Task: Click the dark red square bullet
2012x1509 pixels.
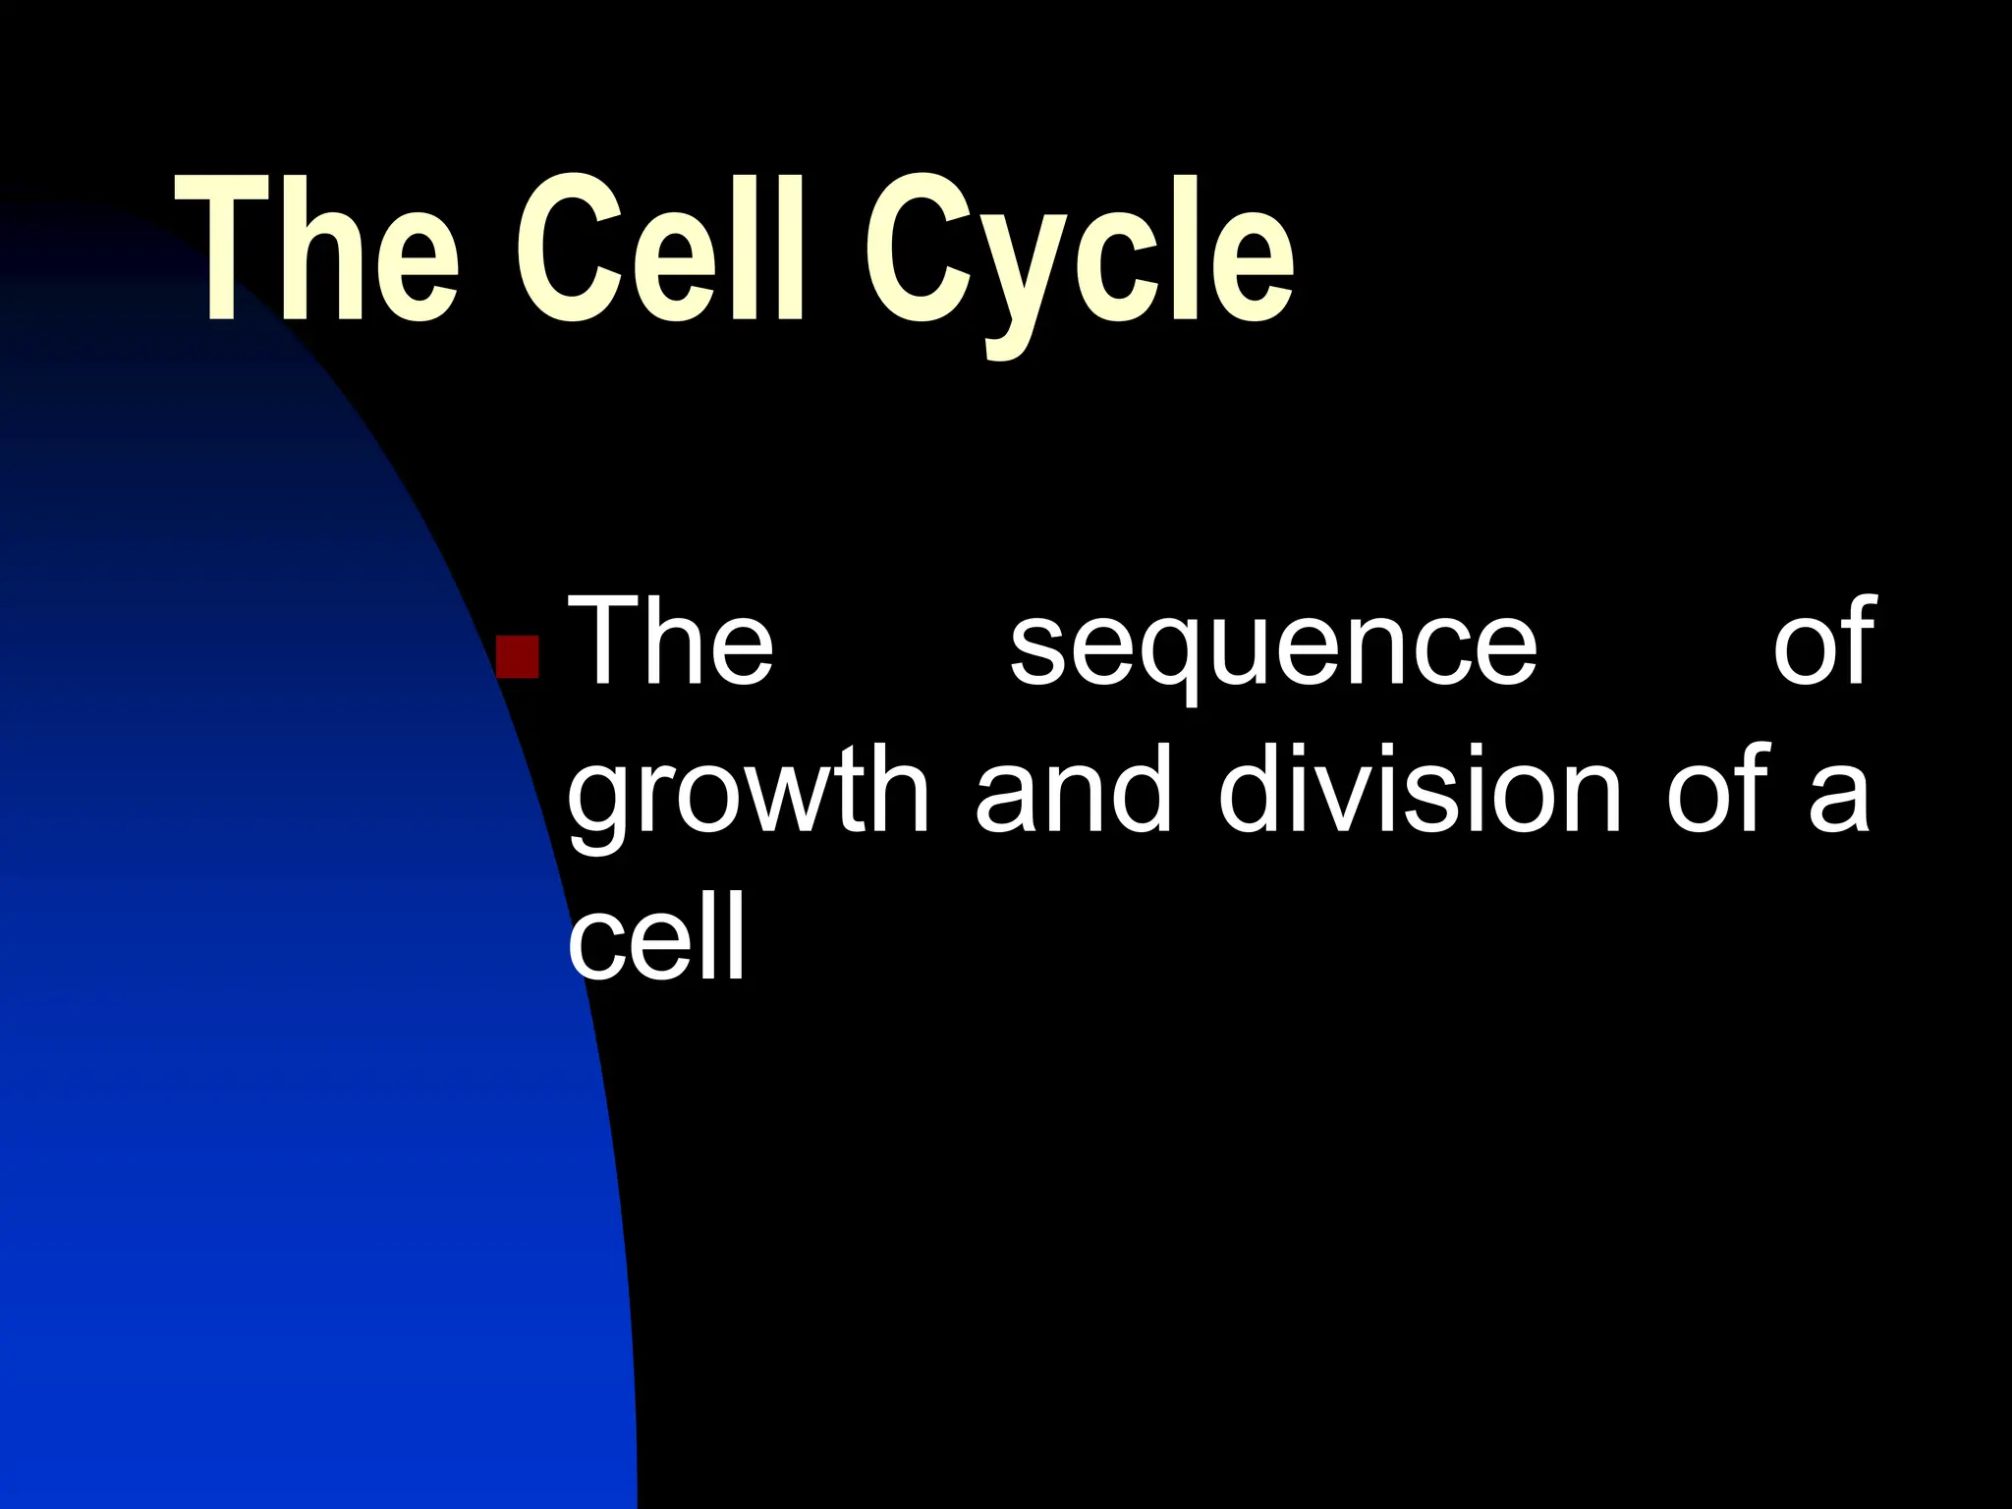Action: pyautogui.click(x=518, y=657)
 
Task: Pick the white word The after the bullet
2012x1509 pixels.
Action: pyautogui.click(x=671, y=643)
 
